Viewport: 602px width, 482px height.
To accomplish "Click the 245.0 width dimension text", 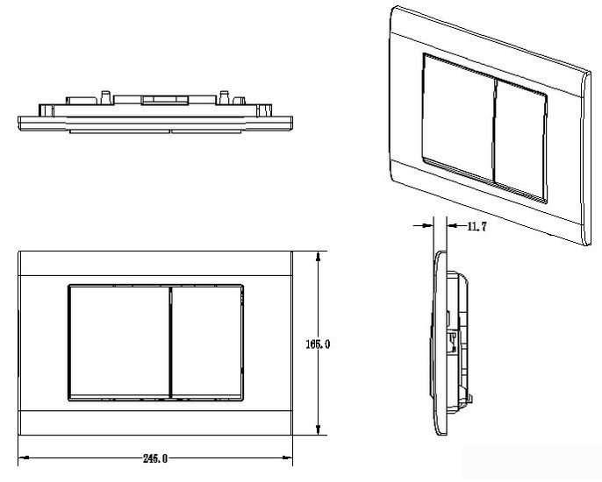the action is (x=155, y=458).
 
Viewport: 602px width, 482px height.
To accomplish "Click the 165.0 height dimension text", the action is (x=318, y=344).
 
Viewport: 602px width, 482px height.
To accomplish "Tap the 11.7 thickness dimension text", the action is (x=477, y=227).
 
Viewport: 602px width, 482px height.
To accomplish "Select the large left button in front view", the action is (x=119, y=343).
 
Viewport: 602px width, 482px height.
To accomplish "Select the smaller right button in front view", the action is (x=207, y=343).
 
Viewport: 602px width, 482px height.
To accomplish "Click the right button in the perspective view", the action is (x=520, y=141).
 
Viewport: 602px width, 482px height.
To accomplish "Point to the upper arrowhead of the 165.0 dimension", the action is (x=318, y=257).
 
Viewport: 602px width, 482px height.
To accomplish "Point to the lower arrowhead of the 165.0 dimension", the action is (x=318, y=429).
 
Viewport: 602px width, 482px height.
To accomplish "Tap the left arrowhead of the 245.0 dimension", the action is (x=24, y=457).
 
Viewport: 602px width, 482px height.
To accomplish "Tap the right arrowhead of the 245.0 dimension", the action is (x=287, y=457).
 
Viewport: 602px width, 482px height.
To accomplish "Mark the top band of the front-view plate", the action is (x=155, y=264).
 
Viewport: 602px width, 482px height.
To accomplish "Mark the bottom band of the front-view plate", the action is (x=155, y=423).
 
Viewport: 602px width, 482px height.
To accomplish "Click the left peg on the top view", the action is (x=105, y=97).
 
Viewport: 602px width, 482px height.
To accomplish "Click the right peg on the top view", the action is (x=225, y=97).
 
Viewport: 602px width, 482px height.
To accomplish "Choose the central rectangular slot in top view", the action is (x=165, y=100).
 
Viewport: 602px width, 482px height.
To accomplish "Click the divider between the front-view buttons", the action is (x=170, y=343).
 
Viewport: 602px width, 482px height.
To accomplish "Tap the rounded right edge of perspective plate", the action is (x=586, y=157).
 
